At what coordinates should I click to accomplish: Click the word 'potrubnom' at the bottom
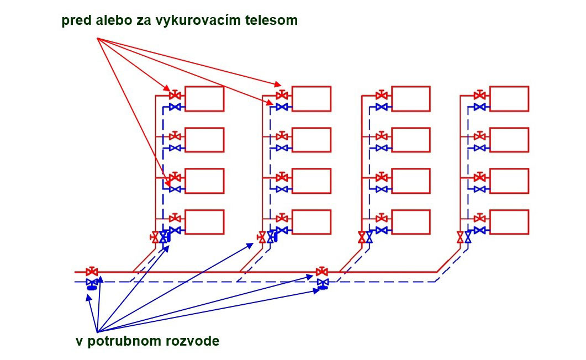click(124, 341)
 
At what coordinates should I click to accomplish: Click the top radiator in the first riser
click(204, 99)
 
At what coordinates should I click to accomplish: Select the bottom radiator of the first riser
click(204, 222)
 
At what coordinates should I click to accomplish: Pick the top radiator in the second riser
click(312, 99)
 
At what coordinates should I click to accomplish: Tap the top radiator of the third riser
click(410, 99)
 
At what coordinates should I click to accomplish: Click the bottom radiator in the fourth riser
click(509, 222)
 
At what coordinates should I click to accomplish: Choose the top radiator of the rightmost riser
click(509, 99)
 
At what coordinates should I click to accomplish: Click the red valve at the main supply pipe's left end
click(92, 272)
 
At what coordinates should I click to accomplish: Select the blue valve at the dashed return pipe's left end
click(92, 283)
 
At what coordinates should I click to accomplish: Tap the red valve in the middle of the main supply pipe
click(322, 272)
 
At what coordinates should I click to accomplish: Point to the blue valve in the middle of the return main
click(323, 283)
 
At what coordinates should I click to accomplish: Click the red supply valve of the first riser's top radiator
click(175, 94)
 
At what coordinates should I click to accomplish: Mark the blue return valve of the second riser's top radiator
click(282, 107)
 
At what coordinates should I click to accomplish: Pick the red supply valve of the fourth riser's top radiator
click(479, 94)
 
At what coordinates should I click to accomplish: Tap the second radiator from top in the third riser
click(410, 140)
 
